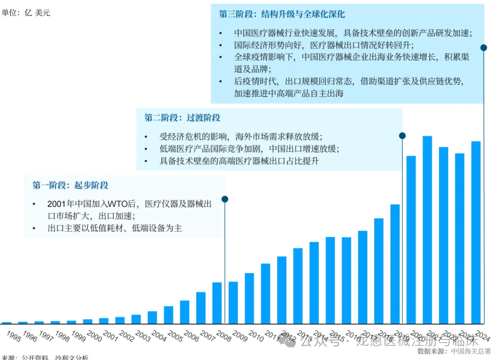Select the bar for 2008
(x=217, y=303)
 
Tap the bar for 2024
(x=476, y=232)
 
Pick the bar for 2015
(x=330, y=280)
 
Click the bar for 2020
(x=411, y=240)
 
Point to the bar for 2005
(x=168, y=315)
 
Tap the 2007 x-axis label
(x=206, y=337)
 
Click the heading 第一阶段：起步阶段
(x=70, y=185)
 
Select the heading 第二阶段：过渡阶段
(x=183, y=118)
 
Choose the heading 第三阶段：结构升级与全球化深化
(x=282, y=14)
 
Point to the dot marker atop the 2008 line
(x=225, y=199)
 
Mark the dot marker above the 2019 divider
(x=403, y=135)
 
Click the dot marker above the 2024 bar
(x=483, y=47)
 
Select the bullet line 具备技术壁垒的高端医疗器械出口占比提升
(x=239, y=161)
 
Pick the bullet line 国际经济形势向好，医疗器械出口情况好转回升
(x=324, y=45)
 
